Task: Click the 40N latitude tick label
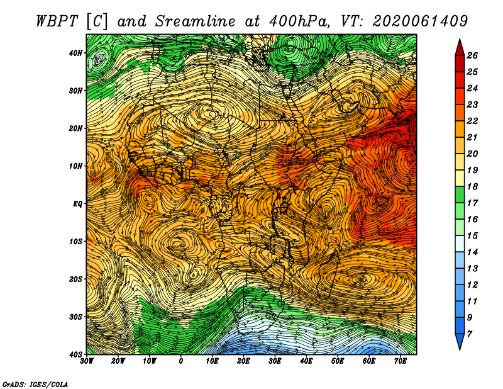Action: coord(75,53)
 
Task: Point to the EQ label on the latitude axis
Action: coord(77,204)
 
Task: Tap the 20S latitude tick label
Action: coord(75,279)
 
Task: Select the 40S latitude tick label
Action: coord(75,354)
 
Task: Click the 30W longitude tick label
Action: coord(87,361)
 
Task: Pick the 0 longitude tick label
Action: coord(181,361)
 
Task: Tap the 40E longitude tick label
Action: coord(306,361)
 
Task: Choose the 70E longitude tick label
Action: coord(401,361)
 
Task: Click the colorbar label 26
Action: coord(472,55)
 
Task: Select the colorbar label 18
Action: coord(472,186)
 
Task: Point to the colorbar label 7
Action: coord(470,334)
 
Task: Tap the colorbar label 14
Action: coord(472,252)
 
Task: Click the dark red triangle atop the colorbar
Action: coord(460,48)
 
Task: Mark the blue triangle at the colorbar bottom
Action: coord(460,341)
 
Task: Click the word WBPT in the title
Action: coord(57,21)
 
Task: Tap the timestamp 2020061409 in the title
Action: coord(420,21)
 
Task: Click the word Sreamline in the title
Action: coord(196,21)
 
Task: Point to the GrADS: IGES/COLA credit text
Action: coord(35,384)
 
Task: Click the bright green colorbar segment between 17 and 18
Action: coord(460,194)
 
